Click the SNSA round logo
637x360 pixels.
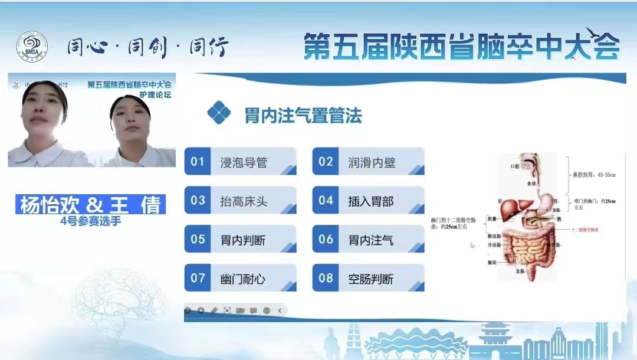[x=32, y=47]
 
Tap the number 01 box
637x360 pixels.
[x=197, y=162]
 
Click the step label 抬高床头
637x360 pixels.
[x=244, y=201]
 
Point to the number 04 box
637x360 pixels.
[x=326, y=201]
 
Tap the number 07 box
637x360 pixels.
[x=197, y=278]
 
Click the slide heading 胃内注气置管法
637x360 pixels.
[x=303, y=115]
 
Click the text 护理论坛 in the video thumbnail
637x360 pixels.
[x=155, y=95]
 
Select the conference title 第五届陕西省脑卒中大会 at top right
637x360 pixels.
[x=461, y=47]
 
